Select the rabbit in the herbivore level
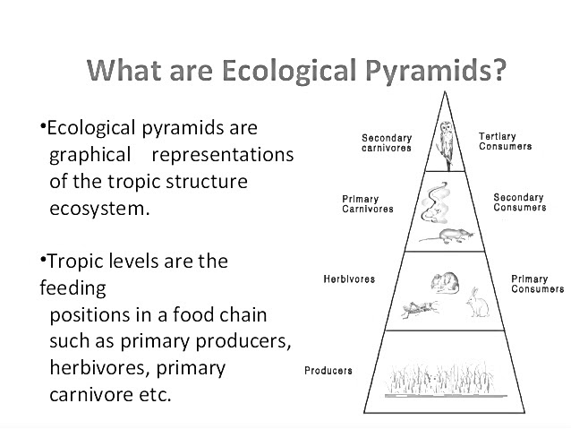pyautogui.click(x=477, y=305)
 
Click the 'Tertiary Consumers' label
pyautogui.click(x=505, y=142)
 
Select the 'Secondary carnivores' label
pyautogui.click(x=387, y=143)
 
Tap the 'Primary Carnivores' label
pyautogui.click(x=367, y=203)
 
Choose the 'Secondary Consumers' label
pyautogui.click(x=519, y=202)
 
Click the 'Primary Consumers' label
pyautogui.click(x=537, y=284)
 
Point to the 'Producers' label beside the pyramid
pyautogui.click(x=328, y=370)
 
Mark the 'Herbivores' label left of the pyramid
pyautogui.click(x=349, y=279)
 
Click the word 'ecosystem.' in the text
pyautogui.click(x=98, y=210)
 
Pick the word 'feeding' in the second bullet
pyautogui.click(x=72, y=289)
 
